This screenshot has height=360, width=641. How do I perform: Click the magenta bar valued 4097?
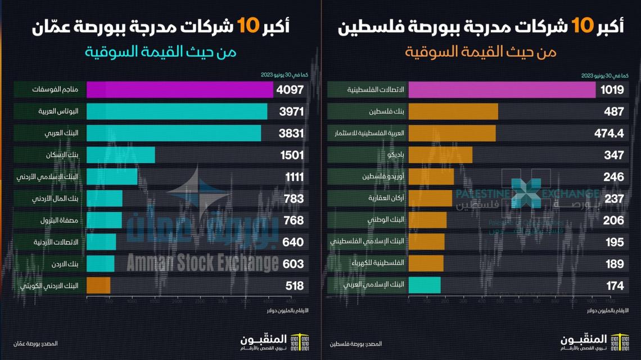(180, 90)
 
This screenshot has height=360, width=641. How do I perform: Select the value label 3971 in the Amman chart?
(291, 111)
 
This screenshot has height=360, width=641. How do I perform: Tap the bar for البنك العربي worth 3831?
(174, 133)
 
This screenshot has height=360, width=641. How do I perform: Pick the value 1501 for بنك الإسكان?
(291, 155)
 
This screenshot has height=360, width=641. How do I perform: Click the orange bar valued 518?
(98, 285)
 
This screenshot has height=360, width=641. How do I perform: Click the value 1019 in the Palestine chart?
(611, 90)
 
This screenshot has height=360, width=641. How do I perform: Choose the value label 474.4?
(608, 133)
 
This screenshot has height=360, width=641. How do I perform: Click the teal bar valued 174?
(425, 285)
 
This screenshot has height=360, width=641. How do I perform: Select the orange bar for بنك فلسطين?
(453, 111)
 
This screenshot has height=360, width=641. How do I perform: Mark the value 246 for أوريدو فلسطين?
(613, 177)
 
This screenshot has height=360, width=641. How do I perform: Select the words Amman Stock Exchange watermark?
(202, 263)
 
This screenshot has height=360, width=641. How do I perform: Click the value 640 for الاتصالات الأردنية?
(293, 242)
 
